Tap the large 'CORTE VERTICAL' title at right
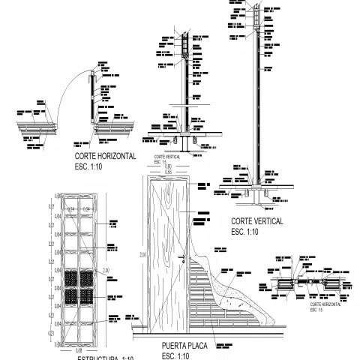coord(256,222)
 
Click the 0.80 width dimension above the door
coord(168,166)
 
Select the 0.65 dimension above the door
coord(168,172)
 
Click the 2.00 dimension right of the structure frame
coord(106,269)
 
